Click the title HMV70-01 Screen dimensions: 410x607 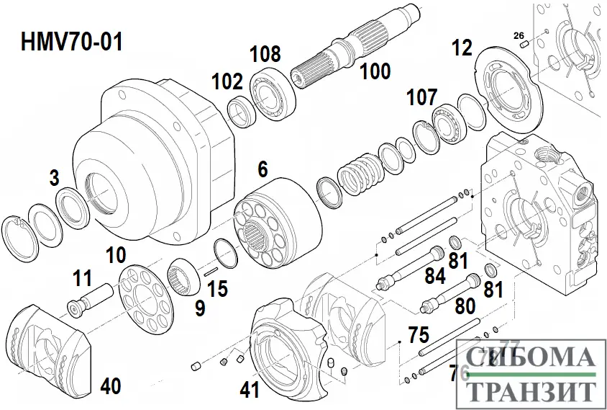tap(71, 42)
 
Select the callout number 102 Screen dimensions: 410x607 tap(227, 81)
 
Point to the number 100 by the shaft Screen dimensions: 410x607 tap(375, 71)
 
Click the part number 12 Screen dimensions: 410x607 tap(462, 49)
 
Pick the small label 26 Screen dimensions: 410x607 tap(519, 35)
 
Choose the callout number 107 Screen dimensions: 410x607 tap(422, 97)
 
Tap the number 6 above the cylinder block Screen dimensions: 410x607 tap(263, 170)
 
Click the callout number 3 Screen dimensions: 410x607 tap(55, 178)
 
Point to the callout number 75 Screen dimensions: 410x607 tap(418, 335)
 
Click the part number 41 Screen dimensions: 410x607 tap(250, 391)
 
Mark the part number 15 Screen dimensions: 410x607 tap(217, 289)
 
